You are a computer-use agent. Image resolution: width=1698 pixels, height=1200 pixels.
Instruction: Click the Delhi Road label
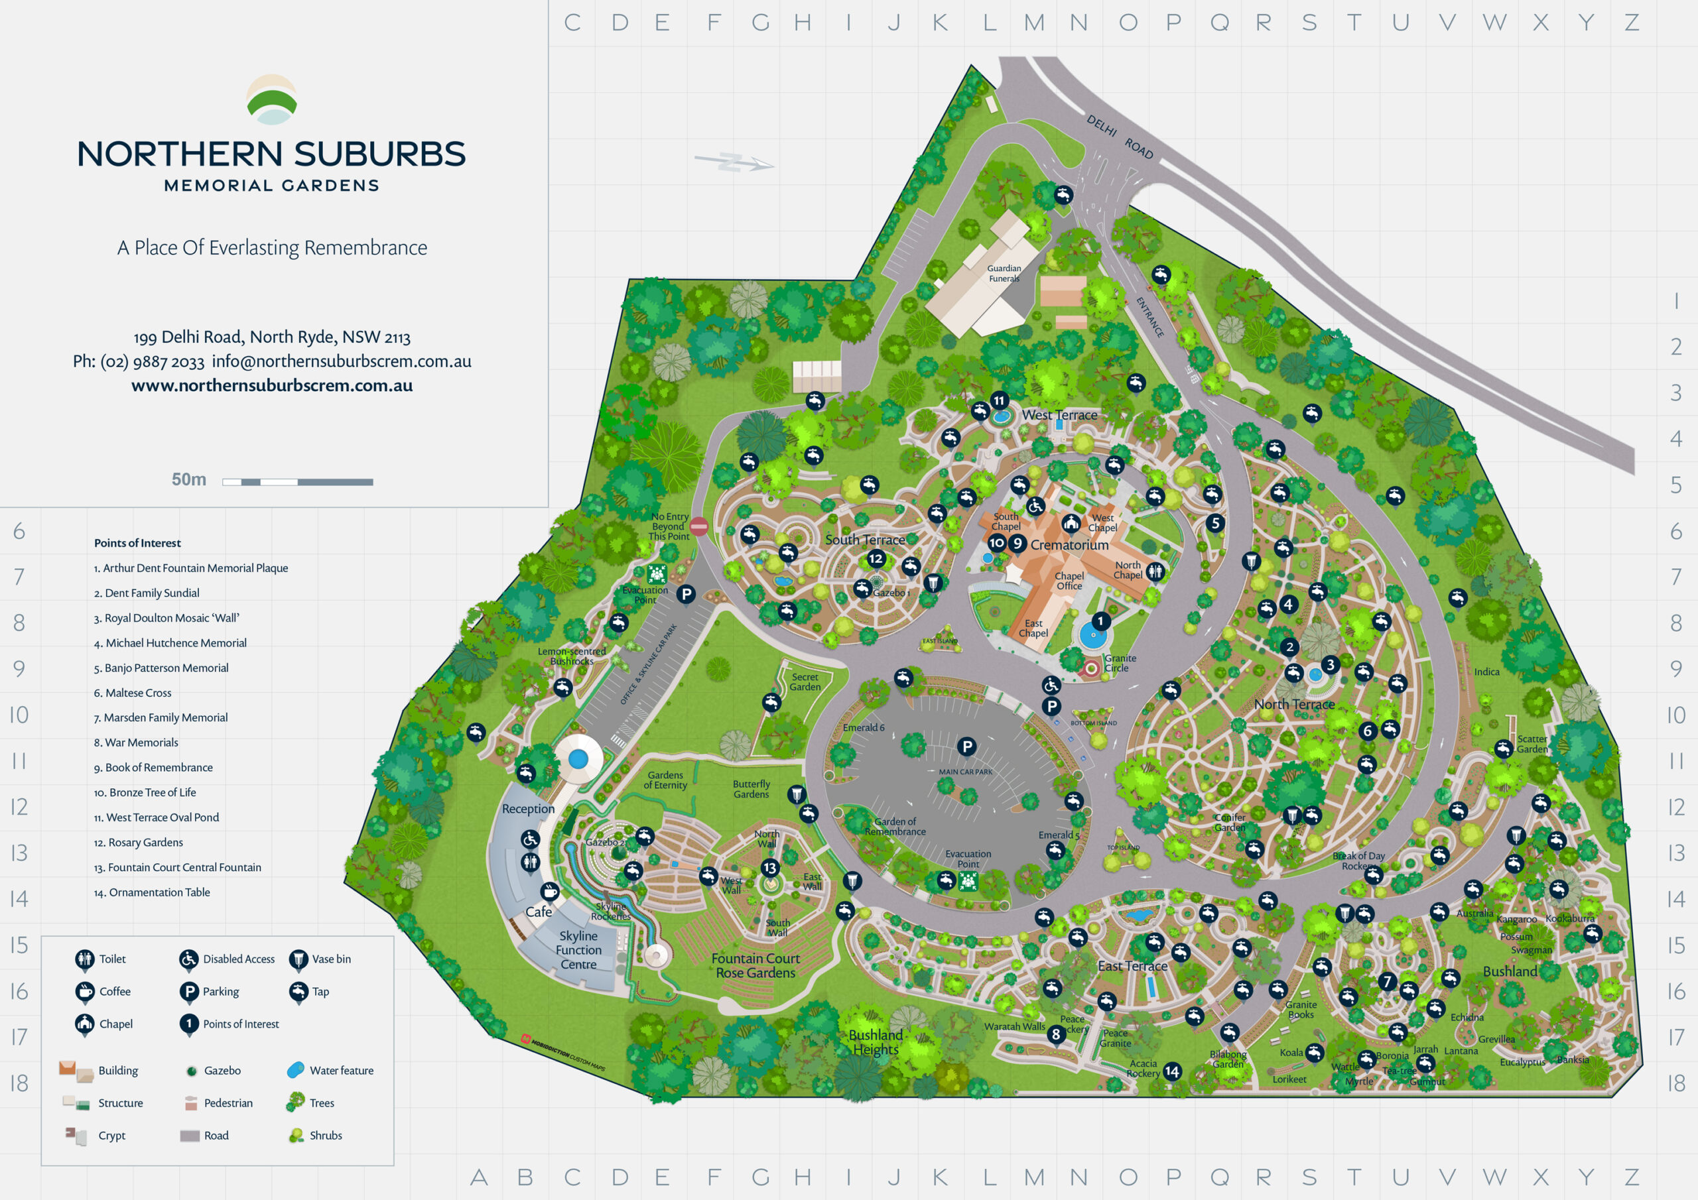pos(1120,136)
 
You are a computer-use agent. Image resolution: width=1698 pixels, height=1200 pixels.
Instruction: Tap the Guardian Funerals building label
pos(1004,274)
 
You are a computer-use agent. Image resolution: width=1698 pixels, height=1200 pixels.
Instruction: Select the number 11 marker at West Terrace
pos(999,400)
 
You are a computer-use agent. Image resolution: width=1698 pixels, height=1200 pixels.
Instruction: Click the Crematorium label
pos(1069,545)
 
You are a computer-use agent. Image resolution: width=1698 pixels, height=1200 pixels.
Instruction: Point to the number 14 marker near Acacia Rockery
pos(1172,1071)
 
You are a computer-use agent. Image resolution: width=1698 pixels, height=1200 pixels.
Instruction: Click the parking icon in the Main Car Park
pos(966,747)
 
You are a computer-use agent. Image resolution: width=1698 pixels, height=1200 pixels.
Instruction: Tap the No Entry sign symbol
pos(699,526)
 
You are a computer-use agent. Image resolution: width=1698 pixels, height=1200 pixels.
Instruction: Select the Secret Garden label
pos(805,682)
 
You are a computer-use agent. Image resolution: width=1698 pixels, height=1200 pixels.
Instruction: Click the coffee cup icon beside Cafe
pos(549,891)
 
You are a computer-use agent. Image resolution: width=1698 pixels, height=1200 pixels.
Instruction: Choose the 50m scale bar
pos(297,482)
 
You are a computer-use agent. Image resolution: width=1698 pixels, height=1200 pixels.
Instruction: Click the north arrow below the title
pos(734,162)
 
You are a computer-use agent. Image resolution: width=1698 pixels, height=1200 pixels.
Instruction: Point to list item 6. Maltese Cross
pos(133,693)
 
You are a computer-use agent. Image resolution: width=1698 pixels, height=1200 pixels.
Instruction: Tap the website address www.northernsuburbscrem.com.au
pos(271,385)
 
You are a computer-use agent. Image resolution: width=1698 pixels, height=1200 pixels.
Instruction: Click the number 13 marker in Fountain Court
pos(770,867)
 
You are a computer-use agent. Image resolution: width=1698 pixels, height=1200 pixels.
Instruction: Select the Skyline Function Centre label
pos(578,950)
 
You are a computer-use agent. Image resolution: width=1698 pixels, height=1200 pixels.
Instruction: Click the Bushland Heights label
pos(876,1042)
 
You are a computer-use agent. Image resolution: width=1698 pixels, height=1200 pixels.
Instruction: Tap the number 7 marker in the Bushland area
pos(1388,981)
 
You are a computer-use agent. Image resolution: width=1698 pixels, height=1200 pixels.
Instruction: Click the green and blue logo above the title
pos(271,100)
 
